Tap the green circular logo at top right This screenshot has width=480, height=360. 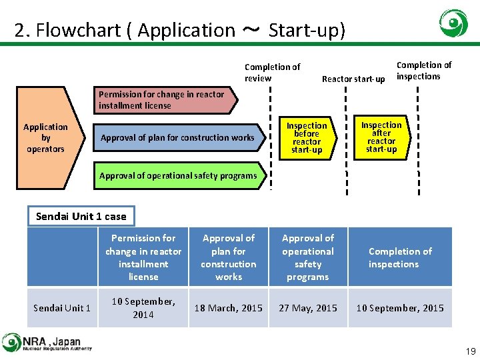(x=453, y=23)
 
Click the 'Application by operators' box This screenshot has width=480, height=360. (x=47, y=138)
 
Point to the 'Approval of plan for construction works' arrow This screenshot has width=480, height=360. (x=177, y=138)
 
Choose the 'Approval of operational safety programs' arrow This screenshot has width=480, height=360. (x=178, y=176)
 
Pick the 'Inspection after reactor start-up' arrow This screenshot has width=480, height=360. (x=381, y=137)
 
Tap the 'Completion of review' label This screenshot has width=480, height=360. (x=272, y=73)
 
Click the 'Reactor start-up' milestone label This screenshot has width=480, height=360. (x=353, y=79)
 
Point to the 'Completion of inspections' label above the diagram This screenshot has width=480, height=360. (x=423, y=71)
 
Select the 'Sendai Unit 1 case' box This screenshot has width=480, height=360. (x=81, y=216)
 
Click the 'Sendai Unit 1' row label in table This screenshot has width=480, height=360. (x=62, y=308)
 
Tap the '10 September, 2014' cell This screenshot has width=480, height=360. (x=143, y=308)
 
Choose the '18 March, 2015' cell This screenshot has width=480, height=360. (x=228, y=308)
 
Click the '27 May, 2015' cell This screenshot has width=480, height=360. (x=307, y=308)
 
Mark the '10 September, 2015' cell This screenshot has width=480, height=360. (x=399, y=308)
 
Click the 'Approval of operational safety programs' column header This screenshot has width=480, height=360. (x=307, y=257)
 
